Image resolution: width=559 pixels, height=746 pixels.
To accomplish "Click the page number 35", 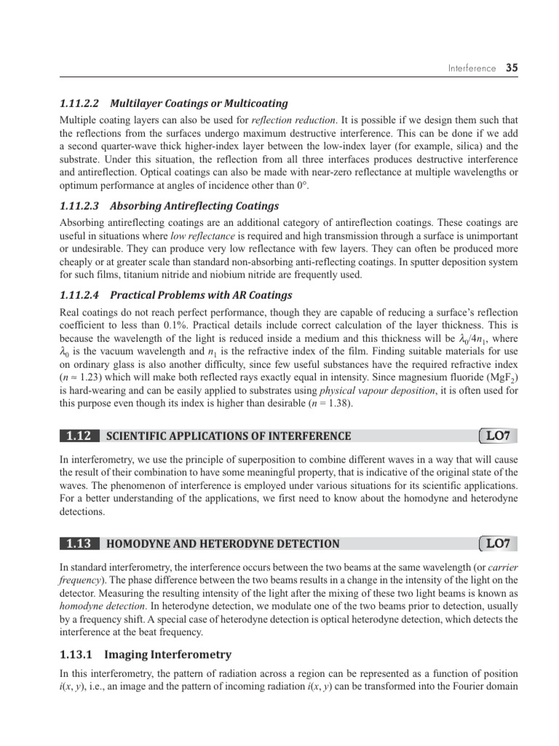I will click(x=512, y=68).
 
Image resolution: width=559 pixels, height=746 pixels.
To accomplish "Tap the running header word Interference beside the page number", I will click(x=472, y=68).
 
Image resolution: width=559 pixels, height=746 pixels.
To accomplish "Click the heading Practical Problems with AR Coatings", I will click(x=201, y=295).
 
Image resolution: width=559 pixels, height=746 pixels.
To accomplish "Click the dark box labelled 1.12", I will click(x=79, y=436).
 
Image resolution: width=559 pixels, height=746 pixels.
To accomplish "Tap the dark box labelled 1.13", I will click(x=79, y=543).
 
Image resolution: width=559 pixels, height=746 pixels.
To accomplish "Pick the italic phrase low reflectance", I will click(x=197, y=237).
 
